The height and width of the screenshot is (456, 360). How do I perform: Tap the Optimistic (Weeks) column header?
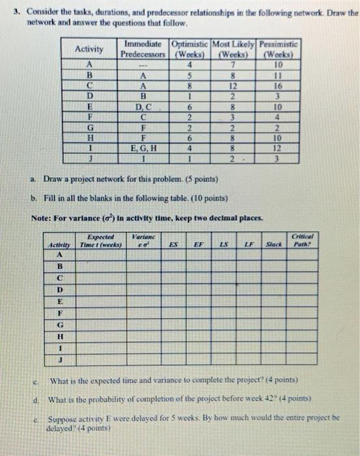(189, 49)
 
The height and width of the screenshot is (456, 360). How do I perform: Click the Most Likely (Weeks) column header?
(232, 49)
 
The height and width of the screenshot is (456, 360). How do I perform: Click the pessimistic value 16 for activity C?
(279, 86)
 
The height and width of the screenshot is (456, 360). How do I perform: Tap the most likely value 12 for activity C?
(232, 86)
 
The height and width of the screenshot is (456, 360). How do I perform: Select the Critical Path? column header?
(303, 240)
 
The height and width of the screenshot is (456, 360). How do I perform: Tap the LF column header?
(248, 244)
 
